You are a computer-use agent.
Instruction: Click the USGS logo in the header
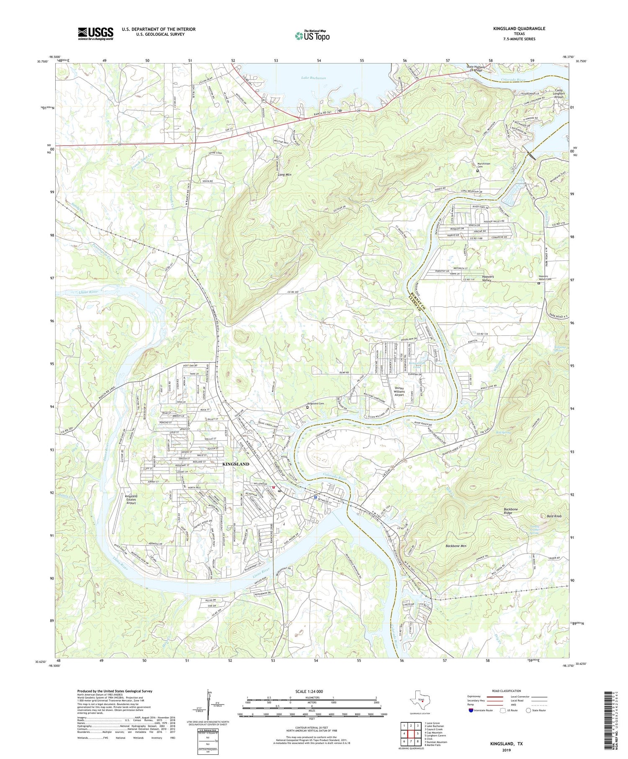95,33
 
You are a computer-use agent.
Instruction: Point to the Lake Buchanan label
313,78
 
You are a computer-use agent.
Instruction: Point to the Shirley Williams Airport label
405,391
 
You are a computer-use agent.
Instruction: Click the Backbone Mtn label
456,546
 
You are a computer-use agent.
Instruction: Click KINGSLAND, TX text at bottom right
507,744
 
